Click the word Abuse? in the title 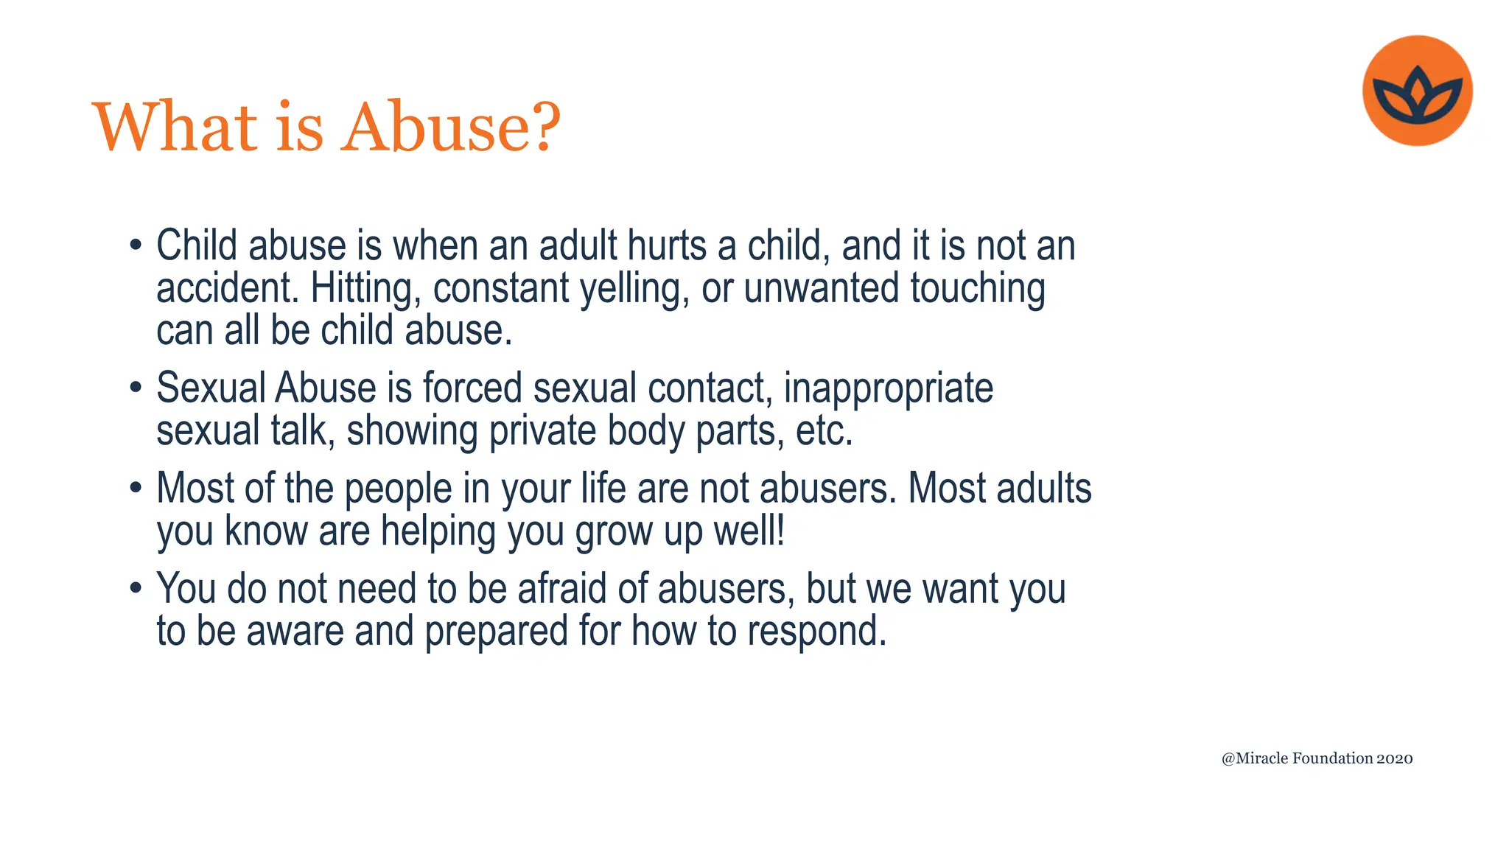point(451,127)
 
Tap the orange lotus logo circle point(1417,91)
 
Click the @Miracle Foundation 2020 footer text point(1317,758)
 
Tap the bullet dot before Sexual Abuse point(135,387)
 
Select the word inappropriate point(888,389)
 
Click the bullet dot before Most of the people point(135,488)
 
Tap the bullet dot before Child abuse point(135,245)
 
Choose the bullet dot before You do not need point(135,588)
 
